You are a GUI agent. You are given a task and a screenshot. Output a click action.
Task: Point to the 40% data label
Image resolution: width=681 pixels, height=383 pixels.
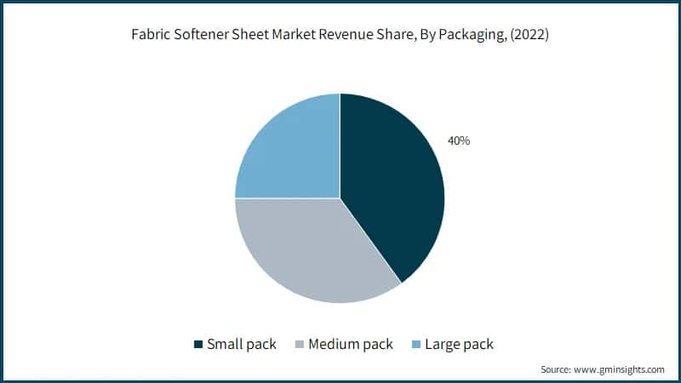click(459, 140)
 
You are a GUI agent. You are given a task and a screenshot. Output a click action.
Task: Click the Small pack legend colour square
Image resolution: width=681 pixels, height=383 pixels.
click(198, 344)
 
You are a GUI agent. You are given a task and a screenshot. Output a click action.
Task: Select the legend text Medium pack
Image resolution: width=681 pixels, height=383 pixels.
click(351, 344)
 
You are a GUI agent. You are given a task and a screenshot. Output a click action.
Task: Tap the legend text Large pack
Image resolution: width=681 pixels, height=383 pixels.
click(461, 344)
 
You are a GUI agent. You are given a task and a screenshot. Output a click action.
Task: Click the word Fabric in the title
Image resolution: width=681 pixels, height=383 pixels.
click(152, 37)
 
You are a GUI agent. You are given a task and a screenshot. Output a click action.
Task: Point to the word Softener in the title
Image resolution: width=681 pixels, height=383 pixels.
click(203, 37)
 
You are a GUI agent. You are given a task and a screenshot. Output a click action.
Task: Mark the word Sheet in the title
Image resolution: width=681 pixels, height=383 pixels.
click(255, 37)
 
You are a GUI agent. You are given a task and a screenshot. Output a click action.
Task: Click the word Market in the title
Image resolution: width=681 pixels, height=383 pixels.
click(298, 37)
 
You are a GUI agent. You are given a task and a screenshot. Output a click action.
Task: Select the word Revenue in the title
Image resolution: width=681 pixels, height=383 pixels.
click(352, 37)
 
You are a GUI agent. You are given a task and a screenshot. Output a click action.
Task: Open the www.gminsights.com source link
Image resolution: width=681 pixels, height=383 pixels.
click(619, 369)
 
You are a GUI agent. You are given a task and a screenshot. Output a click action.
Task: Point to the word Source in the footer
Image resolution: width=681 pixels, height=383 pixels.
click(556, 369)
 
